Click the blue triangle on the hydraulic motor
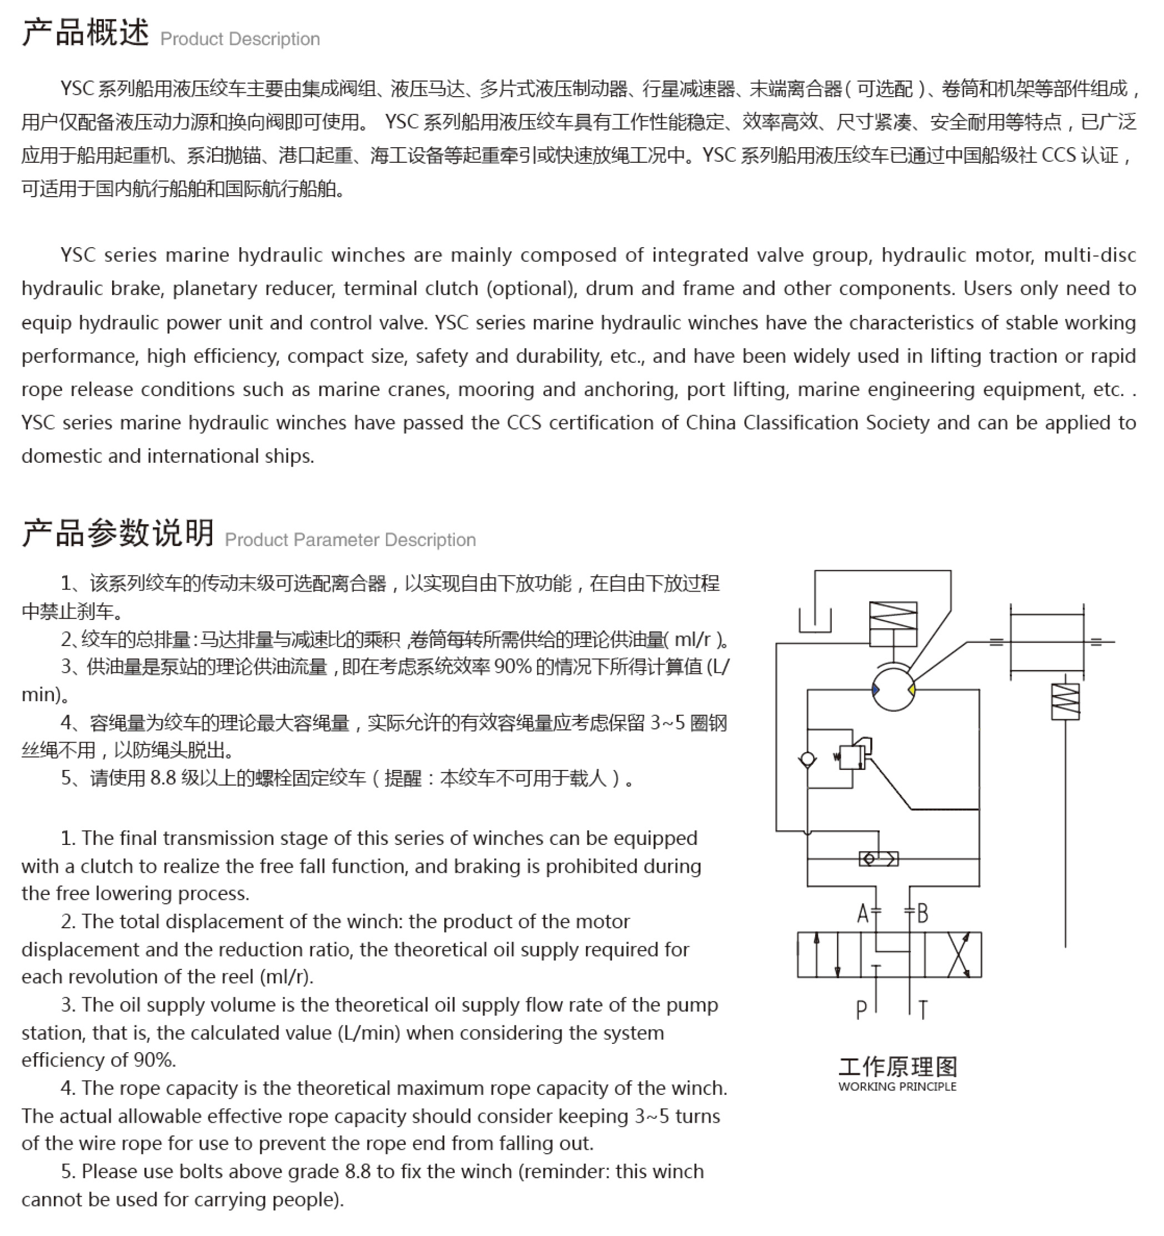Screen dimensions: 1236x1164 point(876,689)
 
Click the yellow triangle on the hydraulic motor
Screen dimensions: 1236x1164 point(911,689)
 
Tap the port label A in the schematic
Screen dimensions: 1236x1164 point(862,914)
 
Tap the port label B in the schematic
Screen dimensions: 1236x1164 point(922,914)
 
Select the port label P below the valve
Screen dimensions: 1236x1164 point(861,1010)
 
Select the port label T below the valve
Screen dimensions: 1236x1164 point(923,1010)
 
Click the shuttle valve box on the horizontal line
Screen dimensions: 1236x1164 point(878,859)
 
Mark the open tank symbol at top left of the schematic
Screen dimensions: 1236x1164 point(815,620)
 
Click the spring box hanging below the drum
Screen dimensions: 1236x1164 point(1065,700)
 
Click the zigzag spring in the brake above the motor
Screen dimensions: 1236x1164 point(893,615)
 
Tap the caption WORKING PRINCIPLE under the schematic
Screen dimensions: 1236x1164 point(897,1087)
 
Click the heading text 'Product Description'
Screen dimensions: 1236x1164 point(240,39)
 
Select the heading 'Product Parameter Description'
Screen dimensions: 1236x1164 point(350,539)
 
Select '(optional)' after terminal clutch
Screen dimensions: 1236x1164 point(531,288)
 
